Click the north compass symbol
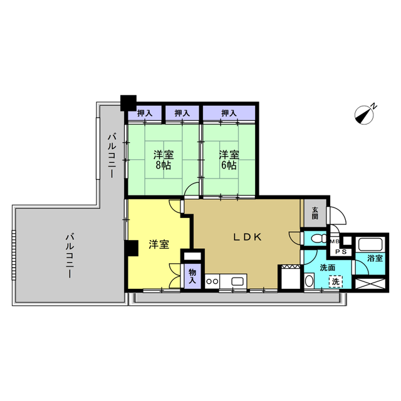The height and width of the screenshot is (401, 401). (365, 115)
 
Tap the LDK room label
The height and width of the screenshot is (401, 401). (247, 237)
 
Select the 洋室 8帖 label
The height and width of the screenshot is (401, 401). (164, 160)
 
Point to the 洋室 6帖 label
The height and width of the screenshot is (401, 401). (229, 160)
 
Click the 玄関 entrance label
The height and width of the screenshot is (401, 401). (315, 213)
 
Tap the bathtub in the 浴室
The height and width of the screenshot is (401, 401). (370, 244)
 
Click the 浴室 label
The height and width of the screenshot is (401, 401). (375, 258)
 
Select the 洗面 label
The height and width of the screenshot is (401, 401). (328, 268)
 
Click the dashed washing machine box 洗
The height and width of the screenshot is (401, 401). (336, 281)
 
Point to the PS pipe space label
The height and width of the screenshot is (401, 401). (341, 252)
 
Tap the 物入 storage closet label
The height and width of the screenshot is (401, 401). (192, 276)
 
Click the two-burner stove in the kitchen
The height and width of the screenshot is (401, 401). (212, 281)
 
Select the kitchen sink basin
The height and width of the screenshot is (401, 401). (239, 281)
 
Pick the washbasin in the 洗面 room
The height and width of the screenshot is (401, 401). (309, 281)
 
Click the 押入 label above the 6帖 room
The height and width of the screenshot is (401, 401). (229, 113)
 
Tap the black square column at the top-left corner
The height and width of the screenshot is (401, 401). (128, 103)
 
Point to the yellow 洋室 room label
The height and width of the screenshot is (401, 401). (159, 244)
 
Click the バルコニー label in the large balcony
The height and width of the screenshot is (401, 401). (70, 255)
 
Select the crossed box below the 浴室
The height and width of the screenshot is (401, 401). (370, 284)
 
